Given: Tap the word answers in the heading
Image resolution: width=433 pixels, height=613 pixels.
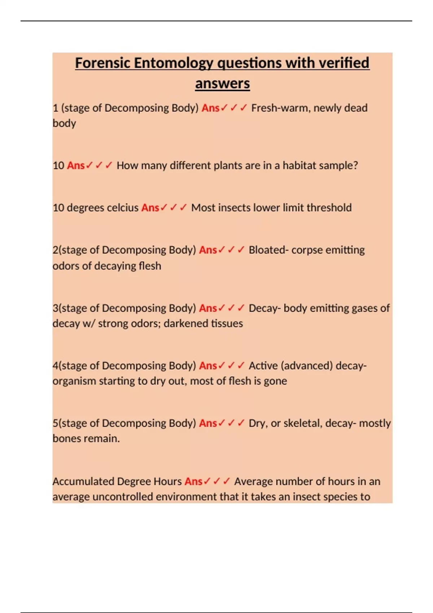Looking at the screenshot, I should [222, 84].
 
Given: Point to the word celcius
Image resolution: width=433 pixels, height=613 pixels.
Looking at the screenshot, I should [122, 208].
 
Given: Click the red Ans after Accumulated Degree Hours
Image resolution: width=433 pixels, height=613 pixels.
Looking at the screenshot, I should [193, 481].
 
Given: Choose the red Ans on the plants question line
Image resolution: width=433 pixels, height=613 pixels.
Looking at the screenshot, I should [75, 166].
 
